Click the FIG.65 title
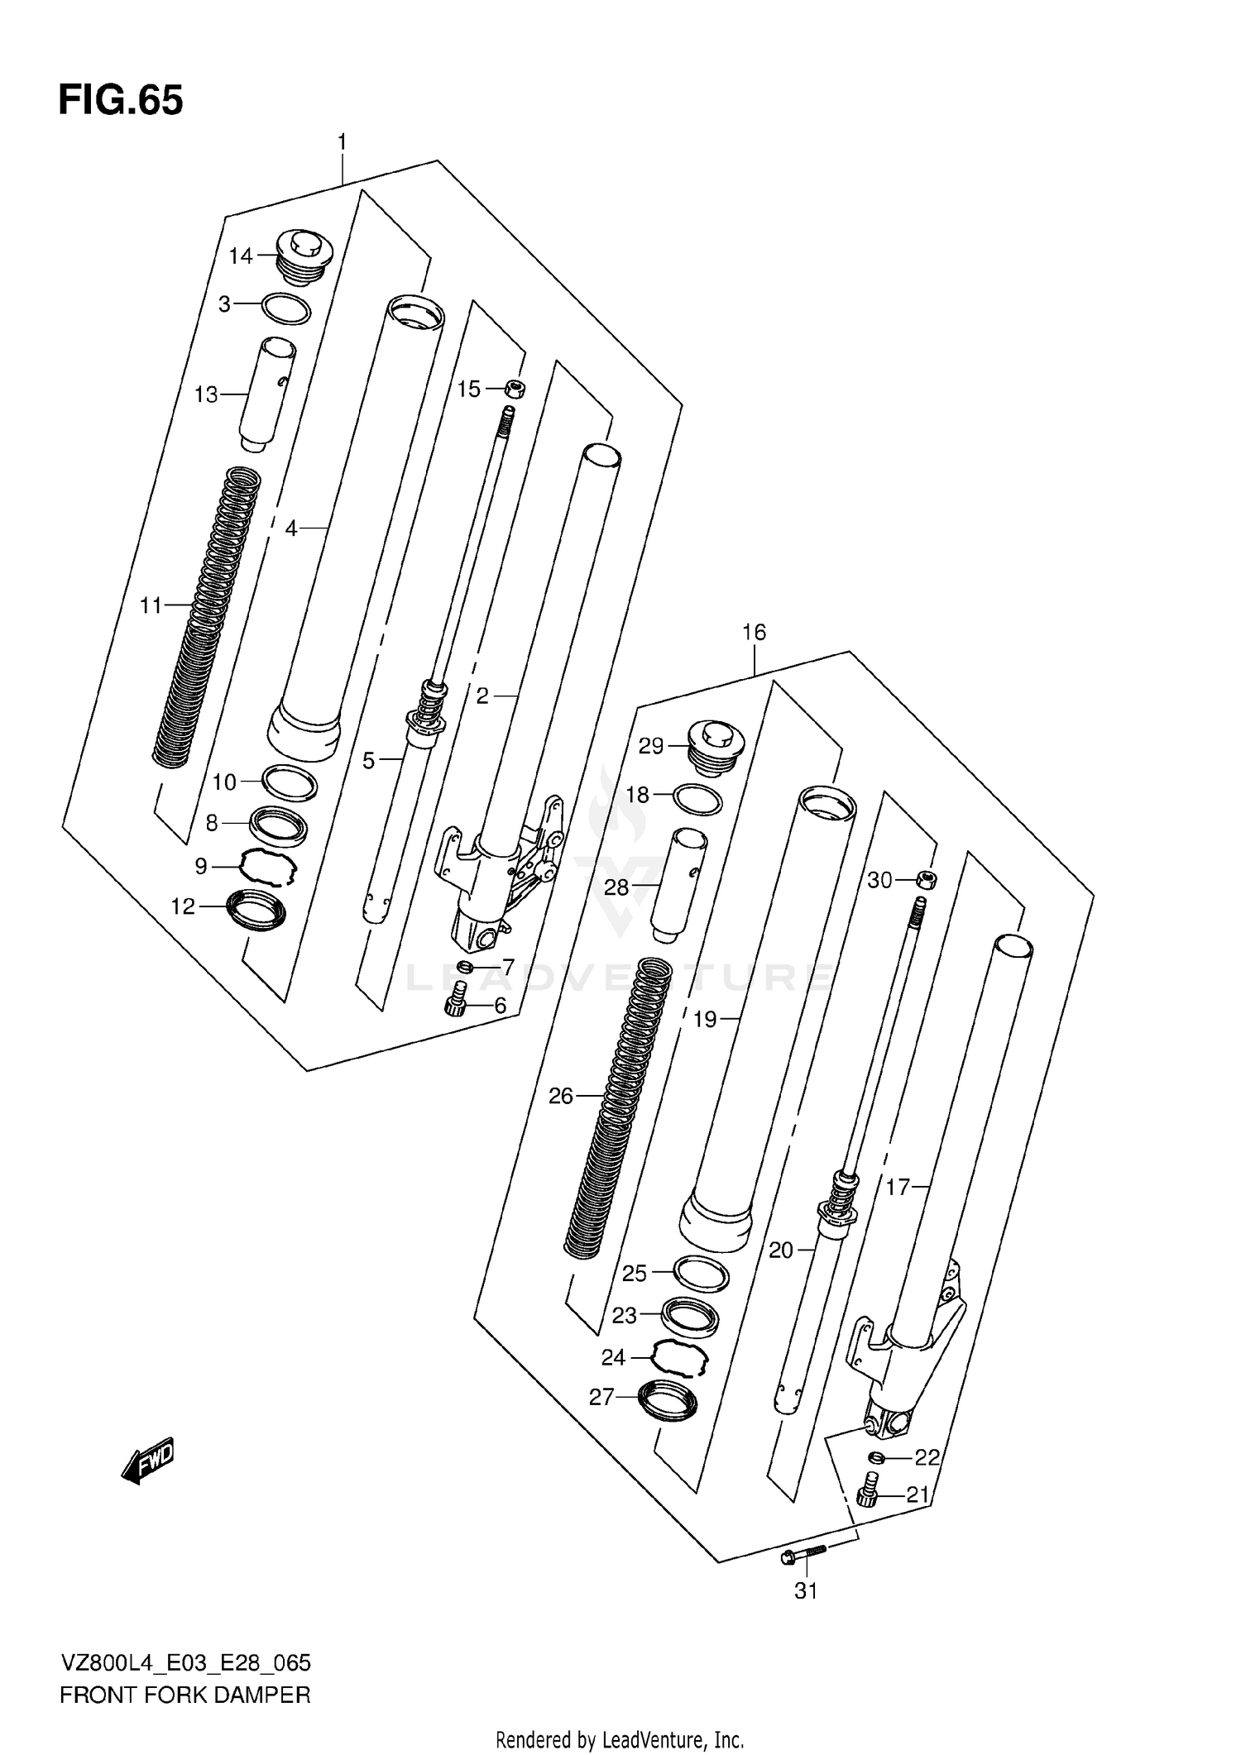tap(121, 100)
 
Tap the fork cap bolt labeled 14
tap(304, 256)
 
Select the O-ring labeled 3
tap(285, 308)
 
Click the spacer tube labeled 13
tap(267, 394)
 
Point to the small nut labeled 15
tap(515, 388)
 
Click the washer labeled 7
tap(465, 967)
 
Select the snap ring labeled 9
tap(266, 868)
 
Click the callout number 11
tap(151, 606)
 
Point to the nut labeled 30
tap(927, 880)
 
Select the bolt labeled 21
tap(869, 1491)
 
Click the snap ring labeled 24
tap(680, 1357)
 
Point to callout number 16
tap(754, 633)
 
